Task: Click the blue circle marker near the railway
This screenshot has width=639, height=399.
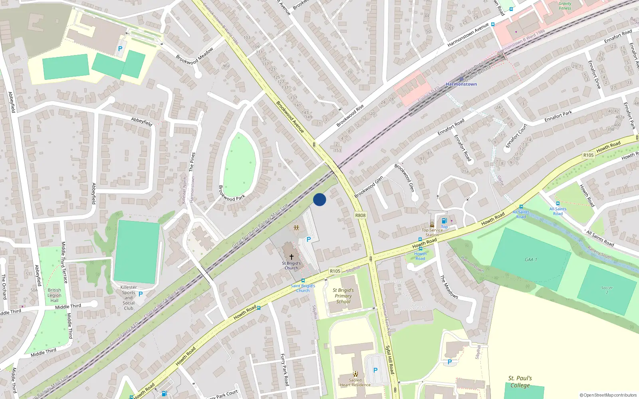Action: [319, 199]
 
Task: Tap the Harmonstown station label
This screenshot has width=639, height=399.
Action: [461, 84]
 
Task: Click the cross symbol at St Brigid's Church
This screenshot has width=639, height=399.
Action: [292, 257]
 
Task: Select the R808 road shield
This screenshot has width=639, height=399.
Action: [360, 215]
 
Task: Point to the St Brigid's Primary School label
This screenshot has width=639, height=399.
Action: [343, 296]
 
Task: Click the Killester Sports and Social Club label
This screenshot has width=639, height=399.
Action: [129, 298]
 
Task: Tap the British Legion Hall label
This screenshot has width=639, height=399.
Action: [54, 295]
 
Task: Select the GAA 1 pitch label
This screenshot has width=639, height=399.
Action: [531, 260]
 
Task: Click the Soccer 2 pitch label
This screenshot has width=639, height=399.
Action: [607, 290]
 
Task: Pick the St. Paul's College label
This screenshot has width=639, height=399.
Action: [520, 382]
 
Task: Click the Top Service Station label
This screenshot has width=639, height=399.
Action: [432, 232]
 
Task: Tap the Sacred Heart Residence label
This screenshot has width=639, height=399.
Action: [355, 383]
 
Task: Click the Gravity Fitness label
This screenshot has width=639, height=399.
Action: [565, 6]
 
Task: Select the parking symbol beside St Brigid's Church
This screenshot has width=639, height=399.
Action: [308, 239]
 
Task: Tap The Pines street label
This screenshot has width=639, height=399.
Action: [192, 162]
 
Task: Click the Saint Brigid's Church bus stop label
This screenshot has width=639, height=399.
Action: [303, 288]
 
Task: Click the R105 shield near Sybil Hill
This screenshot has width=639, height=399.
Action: [335, 271]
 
